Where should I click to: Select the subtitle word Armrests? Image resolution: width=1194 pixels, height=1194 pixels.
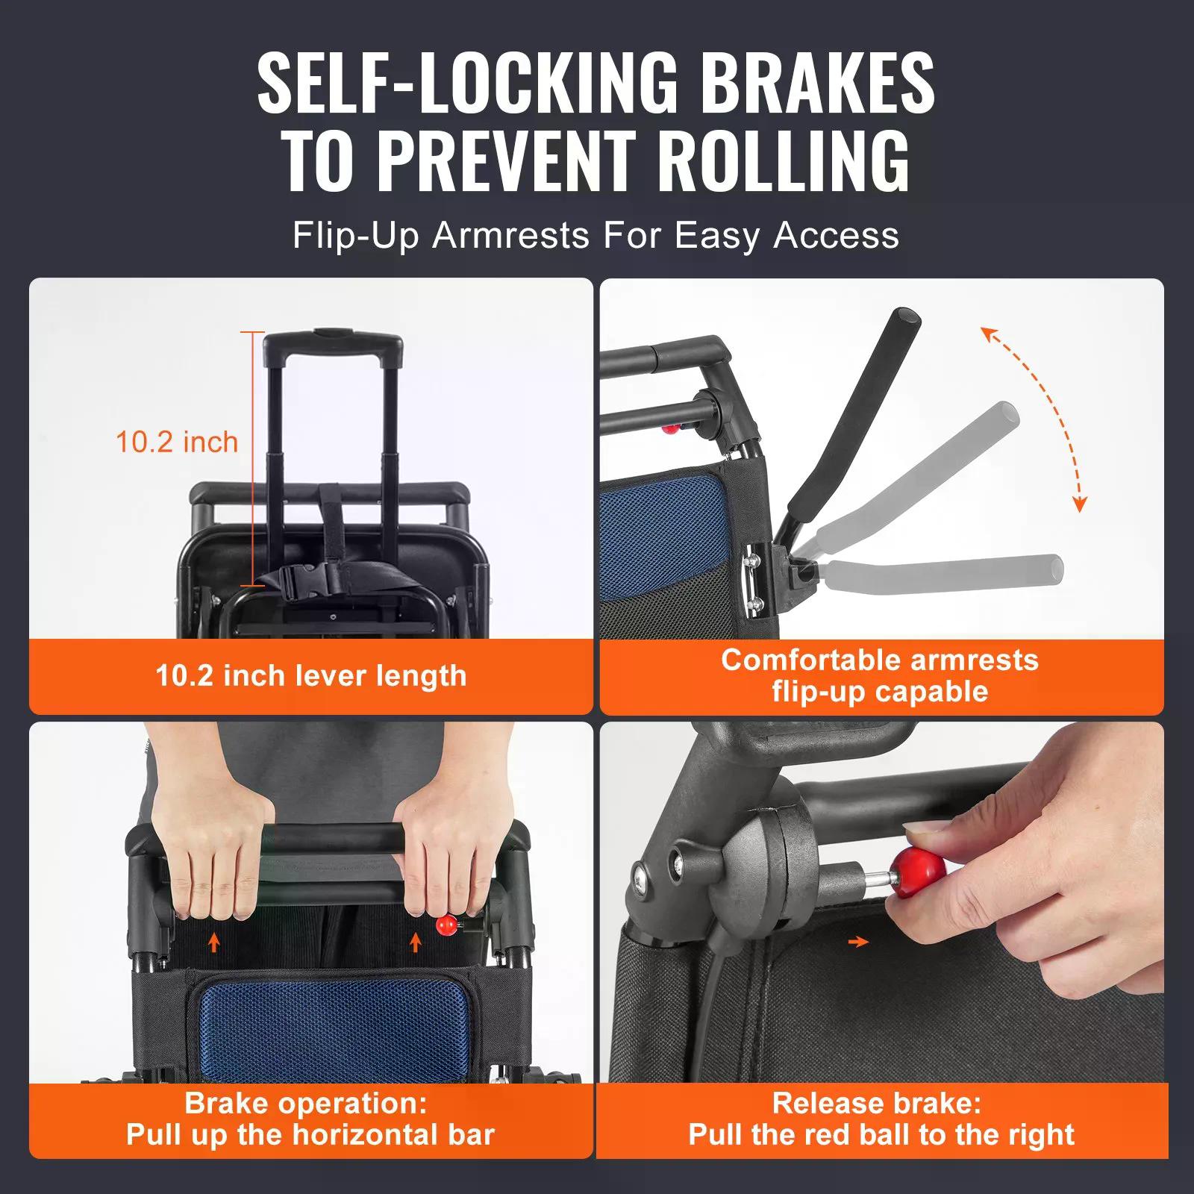click(510, 236)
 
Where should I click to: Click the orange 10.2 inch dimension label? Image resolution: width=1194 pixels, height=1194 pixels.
click(177, 442)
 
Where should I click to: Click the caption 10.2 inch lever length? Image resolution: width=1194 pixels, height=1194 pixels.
click(311, 676)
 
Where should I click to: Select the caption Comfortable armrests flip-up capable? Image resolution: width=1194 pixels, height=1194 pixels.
click(880, 675)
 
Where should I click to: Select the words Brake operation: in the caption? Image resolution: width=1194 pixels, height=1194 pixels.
click(306, 1103)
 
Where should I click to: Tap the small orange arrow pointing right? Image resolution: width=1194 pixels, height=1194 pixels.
click(860, 943)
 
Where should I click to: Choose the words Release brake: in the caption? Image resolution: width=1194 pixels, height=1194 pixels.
click(877, 1103)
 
